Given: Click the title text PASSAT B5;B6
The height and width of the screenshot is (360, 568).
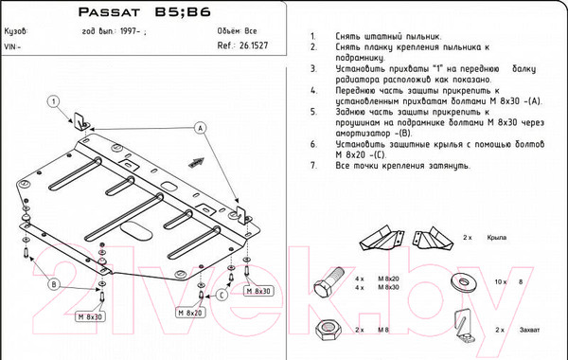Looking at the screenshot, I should pos(144,13).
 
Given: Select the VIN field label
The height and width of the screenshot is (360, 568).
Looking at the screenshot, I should pos(13,45).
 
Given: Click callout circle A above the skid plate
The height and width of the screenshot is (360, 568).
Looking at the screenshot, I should pos(201,128).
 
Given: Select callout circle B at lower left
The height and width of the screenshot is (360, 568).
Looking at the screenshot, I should pos(54,284).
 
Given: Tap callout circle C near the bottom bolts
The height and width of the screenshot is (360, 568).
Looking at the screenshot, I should pos(221,295).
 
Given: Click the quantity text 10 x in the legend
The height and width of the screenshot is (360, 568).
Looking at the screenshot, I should pos(500,281).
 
